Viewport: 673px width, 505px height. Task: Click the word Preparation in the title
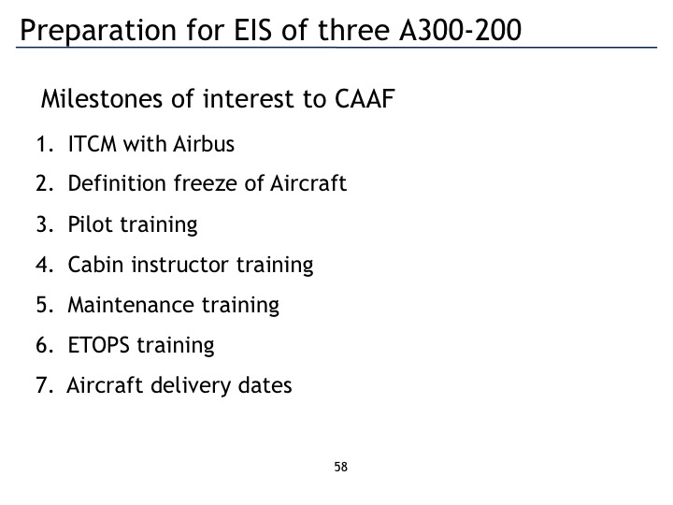point(98,31)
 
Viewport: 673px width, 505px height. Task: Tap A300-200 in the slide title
point(460,30)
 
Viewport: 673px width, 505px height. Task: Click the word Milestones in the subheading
point(102,98)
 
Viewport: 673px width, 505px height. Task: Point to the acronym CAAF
point(365,99)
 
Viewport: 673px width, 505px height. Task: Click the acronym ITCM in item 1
point(93,144)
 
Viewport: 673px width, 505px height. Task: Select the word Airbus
point(204,143)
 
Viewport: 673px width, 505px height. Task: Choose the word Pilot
point(91,224)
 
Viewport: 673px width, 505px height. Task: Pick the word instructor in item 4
point(179,265)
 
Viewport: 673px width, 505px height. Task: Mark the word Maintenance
point(131,305)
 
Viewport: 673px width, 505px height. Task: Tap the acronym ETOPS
point(99,345)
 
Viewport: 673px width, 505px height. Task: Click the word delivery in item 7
point(191,385)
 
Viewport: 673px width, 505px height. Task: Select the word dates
point(265,385)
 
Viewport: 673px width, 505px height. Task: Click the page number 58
point(341,467)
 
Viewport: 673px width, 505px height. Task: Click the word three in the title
point(353,30)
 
